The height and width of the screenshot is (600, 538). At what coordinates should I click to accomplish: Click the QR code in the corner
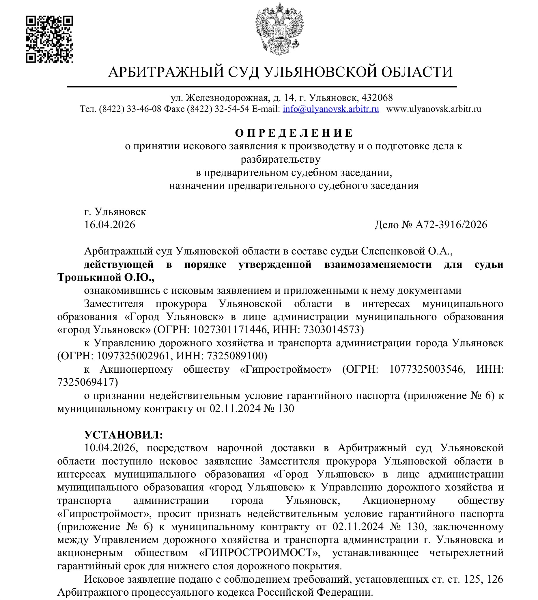click(x=49, y=39)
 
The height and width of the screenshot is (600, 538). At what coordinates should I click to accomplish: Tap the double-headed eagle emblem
click(x=279, y=29)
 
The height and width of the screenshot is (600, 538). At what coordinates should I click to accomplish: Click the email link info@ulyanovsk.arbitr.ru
click(x=331, y=109)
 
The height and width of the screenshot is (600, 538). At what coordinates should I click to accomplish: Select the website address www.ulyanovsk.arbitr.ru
click(x=434, y=109)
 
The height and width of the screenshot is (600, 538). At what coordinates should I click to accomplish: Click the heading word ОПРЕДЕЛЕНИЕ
click(x=294, y=133)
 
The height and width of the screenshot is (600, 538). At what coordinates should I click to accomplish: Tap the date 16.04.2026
click(x=110, y=225)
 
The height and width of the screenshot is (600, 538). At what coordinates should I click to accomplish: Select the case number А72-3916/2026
click(x=451, y=225)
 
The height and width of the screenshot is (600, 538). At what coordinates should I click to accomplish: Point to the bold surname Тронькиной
click(x=88, y=278)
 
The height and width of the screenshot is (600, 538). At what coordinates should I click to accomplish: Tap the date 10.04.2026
click(x=110, y=448)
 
